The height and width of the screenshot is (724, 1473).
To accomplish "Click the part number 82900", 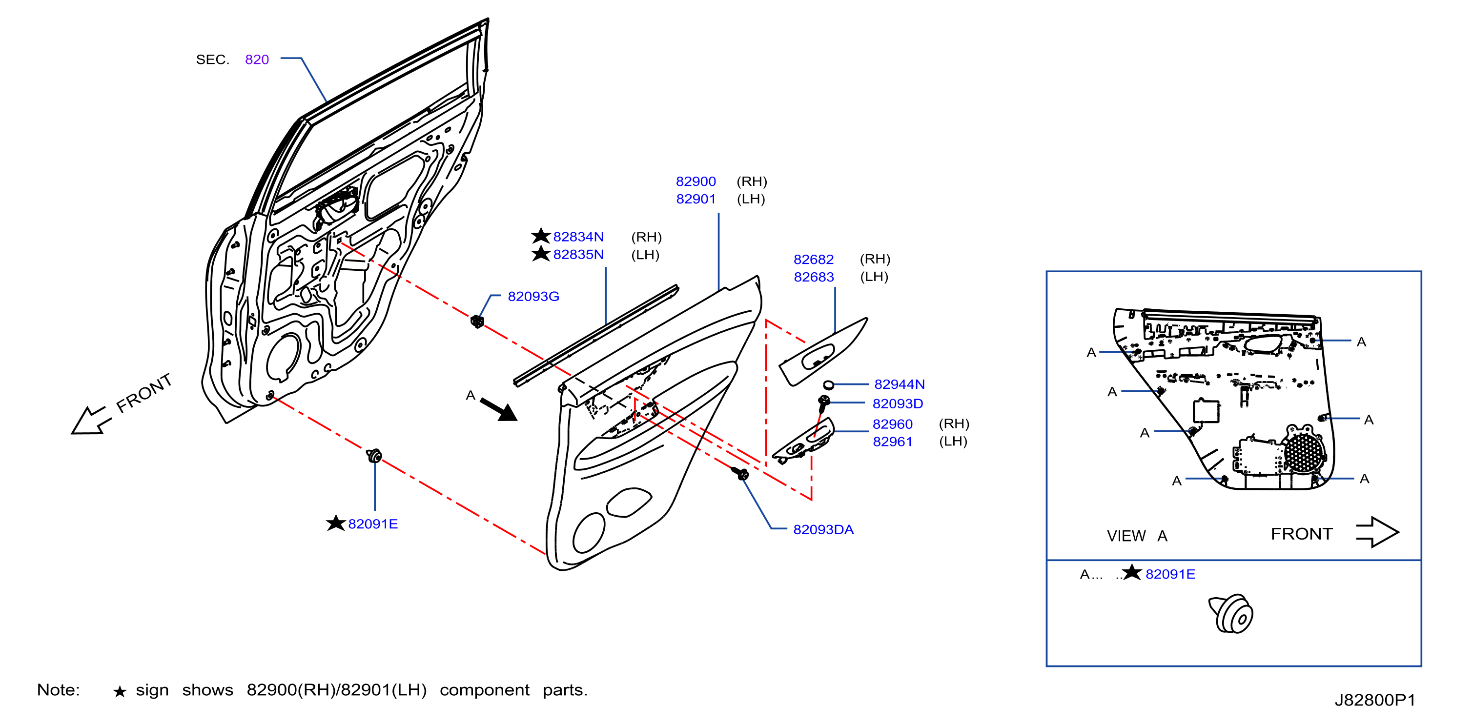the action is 696,181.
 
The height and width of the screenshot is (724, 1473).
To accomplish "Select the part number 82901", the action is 696,200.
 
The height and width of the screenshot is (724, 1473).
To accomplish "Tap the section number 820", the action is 257,60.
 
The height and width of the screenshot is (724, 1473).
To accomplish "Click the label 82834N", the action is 578,237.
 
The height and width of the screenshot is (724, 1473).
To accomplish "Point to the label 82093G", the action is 533,297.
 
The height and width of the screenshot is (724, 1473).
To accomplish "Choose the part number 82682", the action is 813,260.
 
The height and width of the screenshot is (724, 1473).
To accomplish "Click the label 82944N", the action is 899,384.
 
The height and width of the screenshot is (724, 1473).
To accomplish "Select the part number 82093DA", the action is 823,530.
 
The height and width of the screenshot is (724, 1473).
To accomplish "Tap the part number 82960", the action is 892,424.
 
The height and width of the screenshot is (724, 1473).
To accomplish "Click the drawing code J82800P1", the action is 1374,700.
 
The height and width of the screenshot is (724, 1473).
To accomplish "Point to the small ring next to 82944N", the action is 829,384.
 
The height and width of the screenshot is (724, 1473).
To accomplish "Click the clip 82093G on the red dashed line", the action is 477,321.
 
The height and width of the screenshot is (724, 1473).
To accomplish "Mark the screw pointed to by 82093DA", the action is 740,473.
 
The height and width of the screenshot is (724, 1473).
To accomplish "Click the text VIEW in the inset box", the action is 1126,536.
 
